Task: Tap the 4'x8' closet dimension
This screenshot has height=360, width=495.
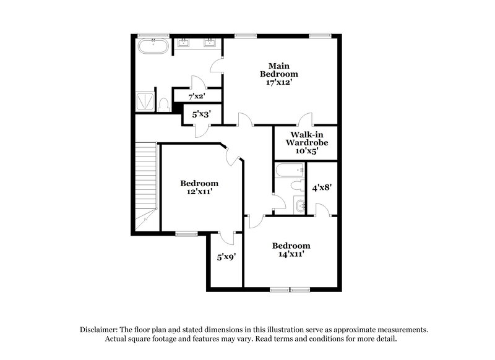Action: coord(322,187)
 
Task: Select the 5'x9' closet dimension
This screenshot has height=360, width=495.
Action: coord(226,257)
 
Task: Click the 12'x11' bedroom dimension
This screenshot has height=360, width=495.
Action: coord(199,192)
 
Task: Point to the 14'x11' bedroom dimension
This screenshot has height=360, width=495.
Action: coord(291,254)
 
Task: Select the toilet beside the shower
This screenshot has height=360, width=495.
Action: coord(164,105)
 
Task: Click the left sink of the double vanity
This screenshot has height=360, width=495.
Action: coord(184,43)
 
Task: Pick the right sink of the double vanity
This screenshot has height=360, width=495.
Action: coord(210,43)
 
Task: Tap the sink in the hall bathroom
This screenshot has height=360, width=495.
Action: coord(300,206)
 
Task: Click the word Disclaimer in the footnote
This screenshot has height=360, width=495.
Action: coord(100,330)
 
